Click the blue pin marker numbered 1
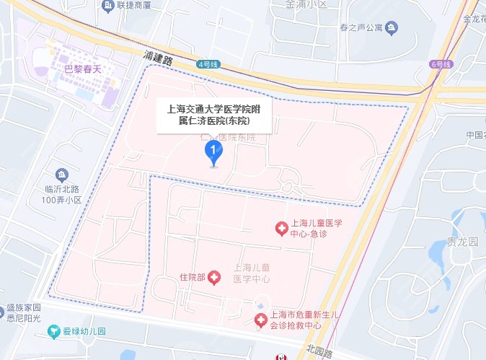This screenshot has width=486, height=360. click(213, 152)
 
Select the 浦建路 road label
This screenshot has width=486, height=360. click(159, 58)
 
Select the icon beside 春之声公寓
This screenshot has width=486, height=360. click(392, 28)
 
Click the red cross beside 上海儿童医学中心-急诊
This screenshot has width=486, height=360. click(281, 229)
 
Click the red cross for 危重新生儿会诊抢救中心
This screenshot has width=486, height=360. click(260, 319)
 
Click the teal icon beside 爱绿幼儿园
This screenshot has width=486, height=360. click(53, 332)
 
